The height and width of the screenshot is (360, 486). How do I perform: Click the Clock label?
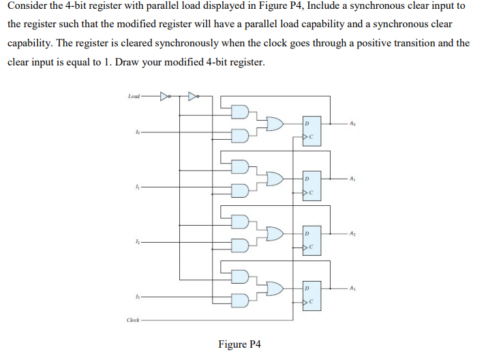point(134,319)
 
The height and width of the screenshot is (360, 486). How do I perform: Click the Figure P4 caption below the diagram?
point(240,344)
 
